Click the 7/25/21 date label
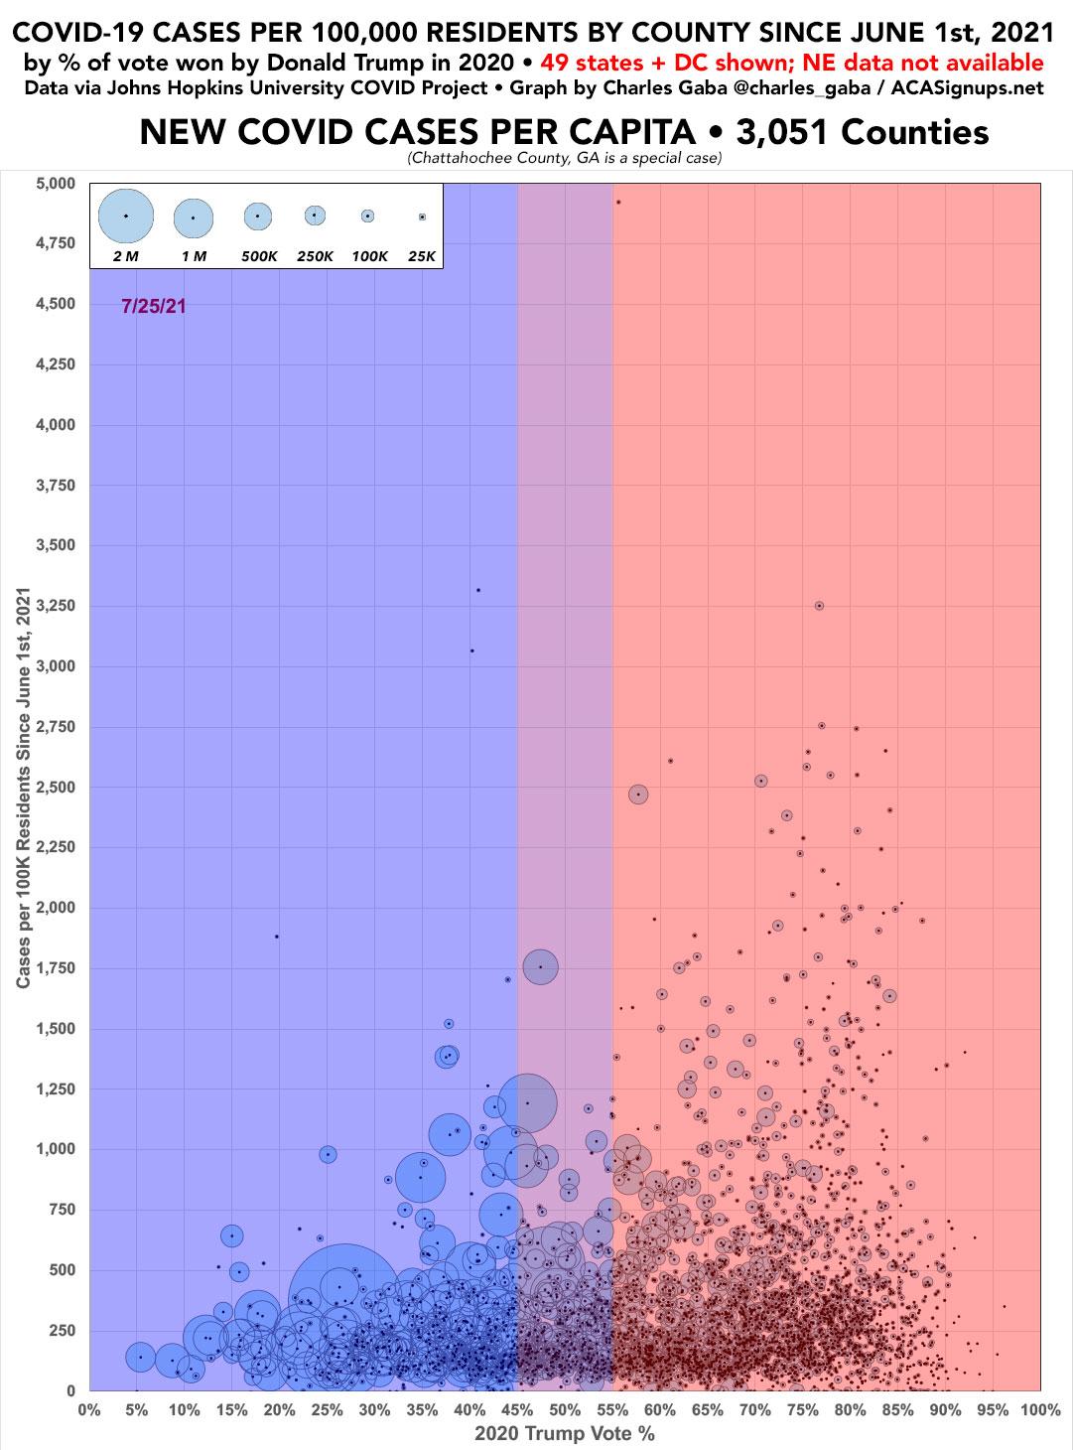coord(154,306)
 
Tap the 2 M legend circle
coord(126,216)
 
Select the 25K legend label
coord(422,256)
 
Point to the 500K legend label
coord(259,256)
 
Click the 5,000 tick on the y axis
coord(55,184)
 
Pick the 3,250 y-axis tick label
coord(55,606)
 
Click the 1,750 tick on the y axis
coord(55,968)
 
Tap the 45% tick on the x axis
coord(517,1409)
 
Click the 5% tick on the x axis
coord(137,1409)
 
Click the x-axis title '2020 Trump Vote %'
coord(564,1433)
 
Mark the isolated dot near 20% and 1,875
coord(277,937)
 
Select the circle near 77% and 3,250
coord(819,606)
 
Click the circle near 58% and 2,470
coord(638,795)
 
